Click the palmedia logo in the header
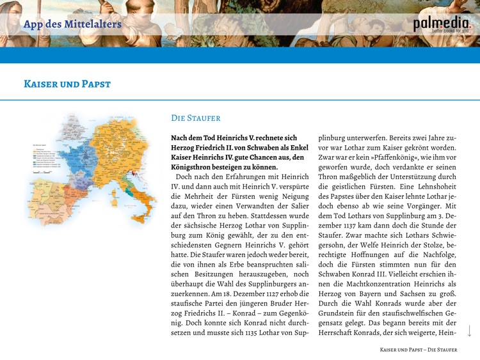441,24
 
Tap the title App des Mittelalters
72,24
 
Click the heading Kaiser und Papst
67,84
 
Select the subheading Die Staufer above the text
196,118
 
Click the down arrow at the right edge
469,331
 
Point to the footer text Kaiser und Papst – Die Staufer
419,350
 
